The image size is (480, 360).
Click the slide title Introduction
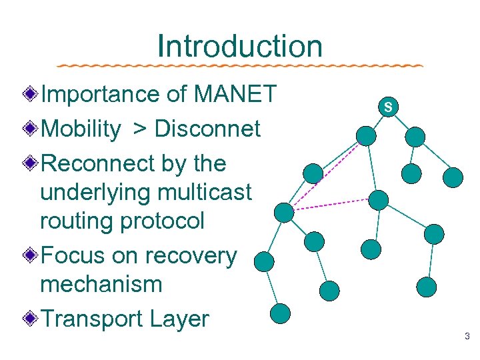point(240,46)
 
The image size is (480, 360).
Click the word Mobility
point(81,129)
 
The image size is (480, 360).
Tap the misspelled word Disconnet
point(207,129)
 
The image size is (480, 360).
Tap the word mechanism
point(101,284)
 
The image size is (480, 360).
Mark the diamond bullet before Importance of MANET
point(30,95)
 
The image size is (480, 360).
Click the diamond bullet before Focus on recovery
point(30,255)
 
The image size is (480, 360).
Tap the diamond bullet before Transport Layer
point(30,319)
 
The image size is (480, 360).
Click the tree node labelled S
point(388,107)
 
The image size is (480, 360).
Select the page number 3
point(467,337)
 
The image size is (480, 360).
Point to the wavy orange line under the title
point(240,66)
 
